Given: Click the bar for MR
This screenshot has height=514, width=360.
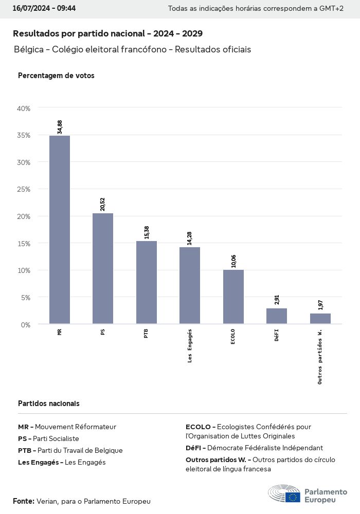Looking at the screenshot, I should [x=60, y=230].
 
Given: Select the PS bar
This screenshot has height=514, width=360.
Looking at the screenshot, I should [x=103, y=268].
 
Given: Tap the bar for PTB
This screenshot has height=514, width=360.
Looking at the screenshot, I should [x=147, y=282].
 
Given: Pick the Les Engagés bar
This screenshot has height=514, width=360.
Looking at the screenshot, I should [x=190, y=285].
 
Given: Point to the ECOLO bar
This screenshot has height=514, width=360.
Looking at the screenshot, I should [x=233, y=297].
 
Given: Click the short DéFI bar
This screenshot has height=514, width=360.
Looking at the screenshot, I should [x=277, y=316].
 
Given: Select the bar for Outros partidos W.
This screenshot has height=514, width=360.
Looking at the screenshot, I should [x=320, y=319].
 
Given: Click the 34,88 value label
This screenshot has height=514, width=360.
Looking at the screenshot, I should [x=60, y=127].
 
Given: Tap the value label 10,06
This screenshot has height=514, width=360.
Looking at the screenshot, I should [x=234, y=261].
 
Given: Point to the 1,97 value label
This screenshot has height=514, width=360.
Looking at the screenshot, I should [x=321, y=304].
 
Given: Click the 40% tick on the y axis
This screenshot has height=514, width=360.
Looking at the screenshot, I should [x=24, y=108].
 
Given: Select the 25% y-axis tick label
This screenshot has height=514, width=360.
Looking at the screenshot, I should [x=24, y=189].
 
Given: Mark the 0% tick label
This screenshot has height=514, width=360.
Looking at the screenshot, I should [x=26, y=324].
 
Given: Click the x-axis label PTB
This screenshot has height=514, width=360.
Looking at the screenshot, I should [x=147, y=334].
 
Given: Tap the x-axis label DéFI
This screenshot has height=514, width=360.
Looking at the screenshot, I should [x=277, y=335].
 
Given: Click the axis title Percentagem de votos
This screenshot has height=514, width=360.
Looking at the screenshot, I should [x=56, y=76].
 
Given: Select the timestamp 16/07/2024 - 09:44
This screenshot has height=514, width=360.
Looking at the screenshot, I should [x=44, y=8].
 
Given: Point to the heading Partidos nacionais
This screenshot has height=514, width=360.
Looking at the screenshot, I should [x=49, y=403].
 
